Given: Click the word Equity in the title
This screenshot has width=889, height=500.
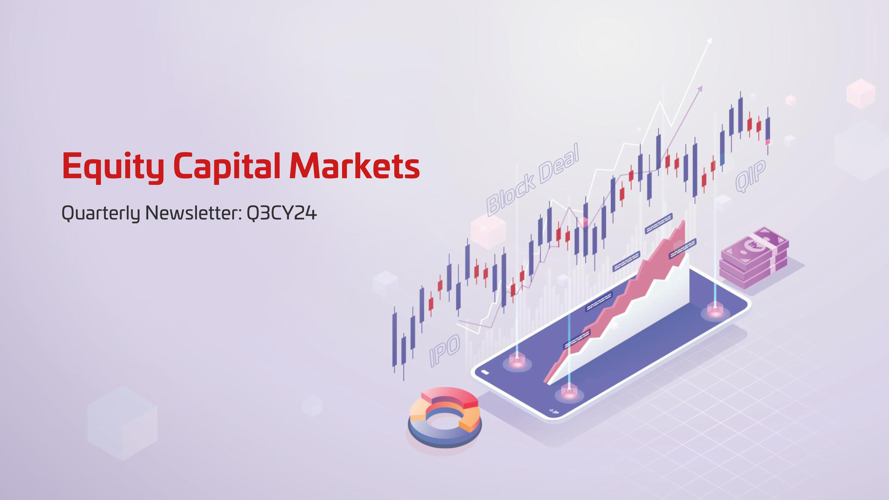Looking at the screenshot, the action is pyautogui.click(x=113, y=167).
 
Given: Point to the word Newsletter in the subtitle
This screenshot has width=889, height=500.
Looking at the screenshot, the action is pyautogui.click(x=193, y=213).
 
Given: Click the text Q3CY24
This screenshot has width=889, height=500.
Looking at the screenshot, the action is pyautogui.click(x=282, y=213).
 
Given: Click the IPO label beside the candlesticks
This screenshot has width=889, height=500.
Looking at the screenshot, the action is pyautogui.click(x=444, y=350).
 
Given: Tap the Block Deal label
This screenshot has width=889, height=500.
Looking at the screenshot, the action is pyautogui.click(x=533, y=179).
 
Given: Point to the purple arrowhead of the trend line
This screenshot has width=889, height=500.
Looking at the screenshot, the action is pyautogui.click(x=700, y=89).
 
